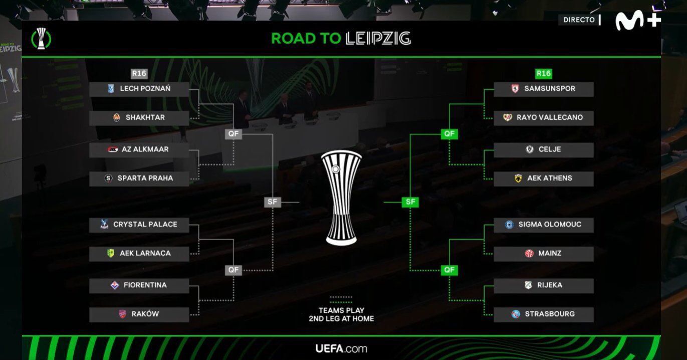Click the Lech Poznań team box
point(139,89)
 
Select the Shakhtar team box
point(139,118)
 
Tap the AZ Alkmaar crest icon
point(112,149)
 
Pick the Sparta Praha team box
point(139,178)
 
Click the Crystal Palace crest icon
point(105,225)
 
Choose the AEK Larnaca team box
point(139,254)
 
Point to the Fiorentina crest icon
point(115,285)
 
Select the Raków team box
point(139,314)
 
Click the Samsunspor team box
point(543,89)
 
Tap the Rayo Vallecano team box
point(543,118)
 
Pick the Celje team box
point(543,149)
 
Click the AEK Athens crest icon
point(518,178)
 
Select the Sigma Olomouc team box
point(543,225)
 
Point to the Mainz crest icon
point(529,254)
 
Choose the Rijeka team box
point(543,285)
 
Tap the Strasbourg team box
point(543,314)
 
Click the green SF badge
point(410,202)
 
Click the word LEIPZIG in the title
point(378,38)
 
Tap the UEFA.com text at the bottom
point(341,348)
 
